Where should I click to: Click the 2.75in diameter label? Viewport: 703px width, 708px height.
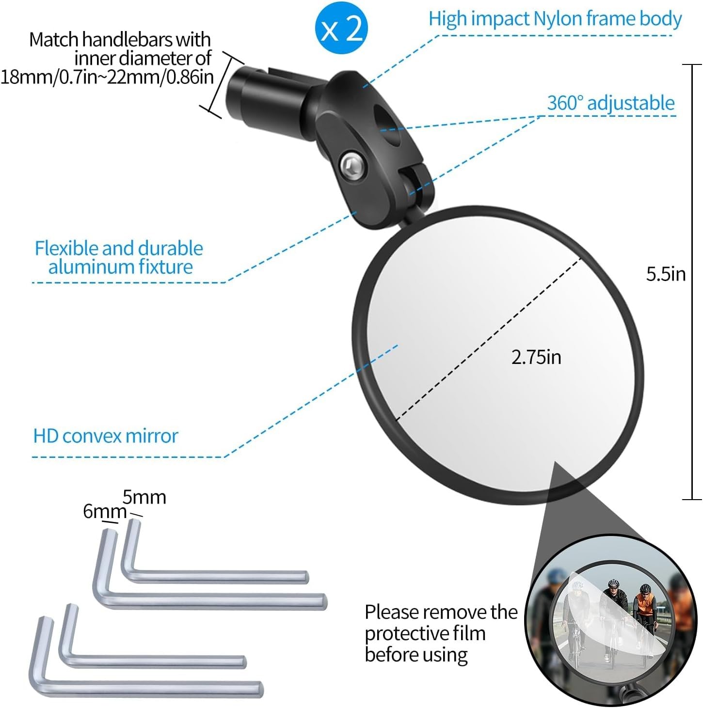coord(536,357)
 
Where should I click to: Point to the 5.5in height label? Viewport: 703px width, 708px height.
coord(666,274)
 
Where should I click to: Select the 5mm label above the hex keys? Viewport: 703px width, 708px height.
coord(144,497)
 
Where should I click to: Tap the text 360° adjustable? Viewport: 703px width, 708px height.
coord(610,103)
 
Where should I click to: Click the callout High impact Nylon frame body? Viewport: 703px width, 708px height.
coord(555,19)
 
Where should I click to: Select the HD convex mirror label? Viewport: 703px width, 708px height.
coord(105,436)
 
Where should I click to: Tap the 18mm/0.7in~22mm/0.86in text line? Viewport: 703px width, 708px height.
coord(107,77)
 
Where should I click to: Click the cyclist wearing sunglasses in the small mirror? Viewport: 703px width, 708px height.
coord(613,601)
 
